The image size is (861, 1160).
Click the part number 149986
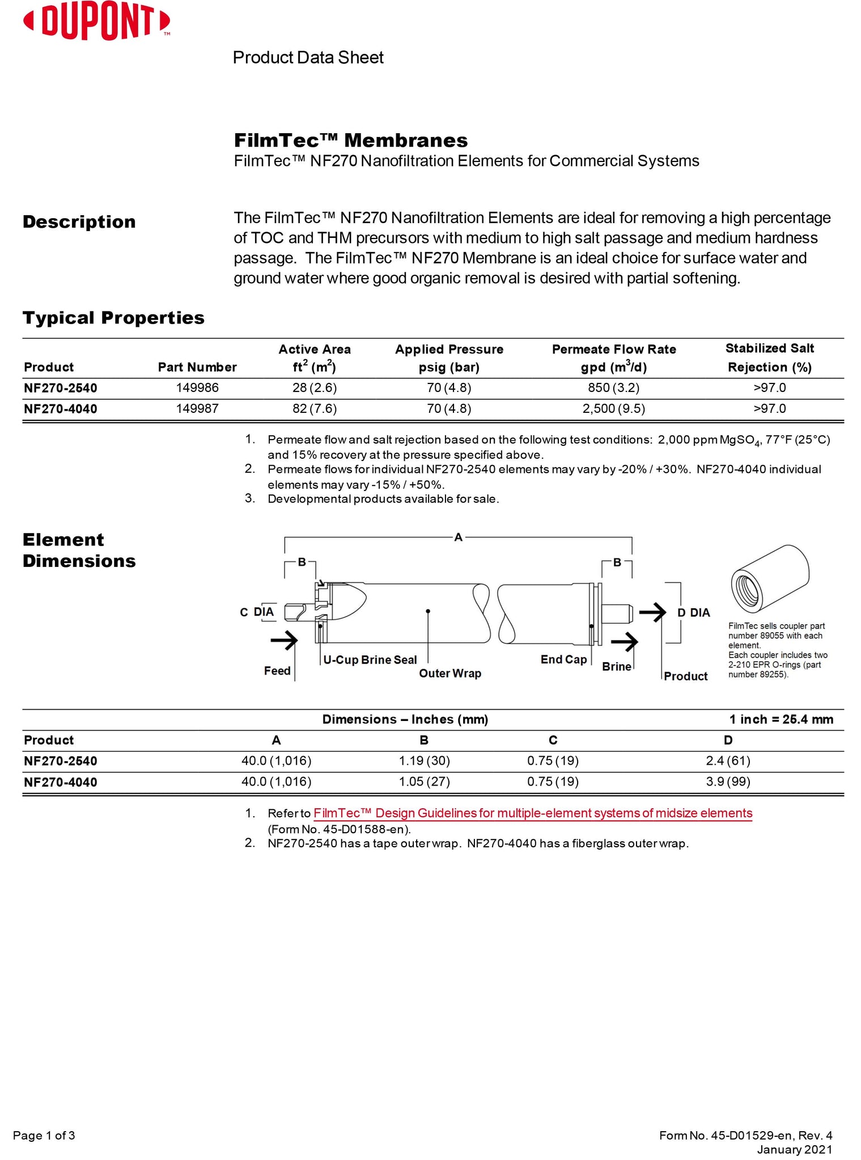click(x=197, y=388)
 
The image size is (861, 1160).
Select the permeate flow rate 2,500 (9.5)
click(x=614, y=409)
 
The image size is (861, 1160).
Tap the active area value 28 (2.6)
click(x=315, y=388)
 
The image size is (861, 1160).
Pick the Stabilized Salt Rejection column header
click(x=769, y=357)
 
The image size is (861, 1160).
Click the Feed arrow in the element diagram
click(x=284, y=641)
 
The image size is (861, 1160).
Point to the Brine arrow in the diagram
click(x=624, y=642)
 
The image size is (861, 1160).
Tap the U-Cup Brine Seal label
click(x=370, y=660)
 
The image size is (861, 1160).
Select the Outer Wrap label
click(x=450, y=673)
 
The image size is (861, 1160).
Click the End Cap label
click(x=563, y=659)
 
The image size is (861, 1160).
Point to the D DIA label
click(x=694, y=613)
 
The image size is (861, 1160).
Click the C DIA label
click(x=257, y=612)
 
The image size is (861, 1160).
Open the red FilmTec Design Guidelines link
click(x=533, y=813)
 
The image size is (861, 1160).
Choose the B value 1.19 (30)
click(x=424, y=761)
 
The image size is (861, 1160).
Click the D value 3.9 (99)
click(x=728, y=782)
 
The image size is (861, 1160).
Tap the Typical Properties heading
click(x=113, y=318)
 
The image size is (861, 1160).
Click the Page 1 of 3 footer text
click(x=44, y=1135)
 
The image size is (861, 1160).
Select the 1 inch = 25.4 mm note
click(x=781, y=719)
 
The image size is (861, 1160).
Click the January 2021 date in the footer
click(x=795, y=1149)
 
